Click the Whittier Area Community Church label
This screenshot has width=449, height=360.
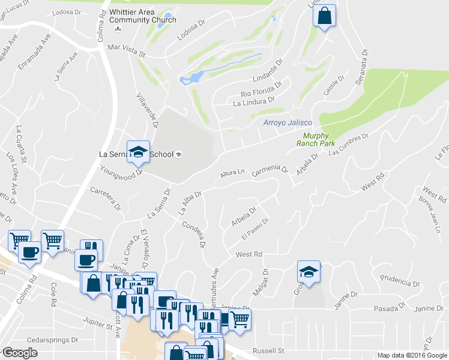143,16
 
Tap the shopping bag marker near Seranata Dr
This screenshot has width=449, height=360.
324,17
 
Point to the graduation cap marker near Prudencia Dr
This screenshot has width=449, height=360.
308,272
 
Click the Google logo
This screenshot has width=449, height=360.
20,353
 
